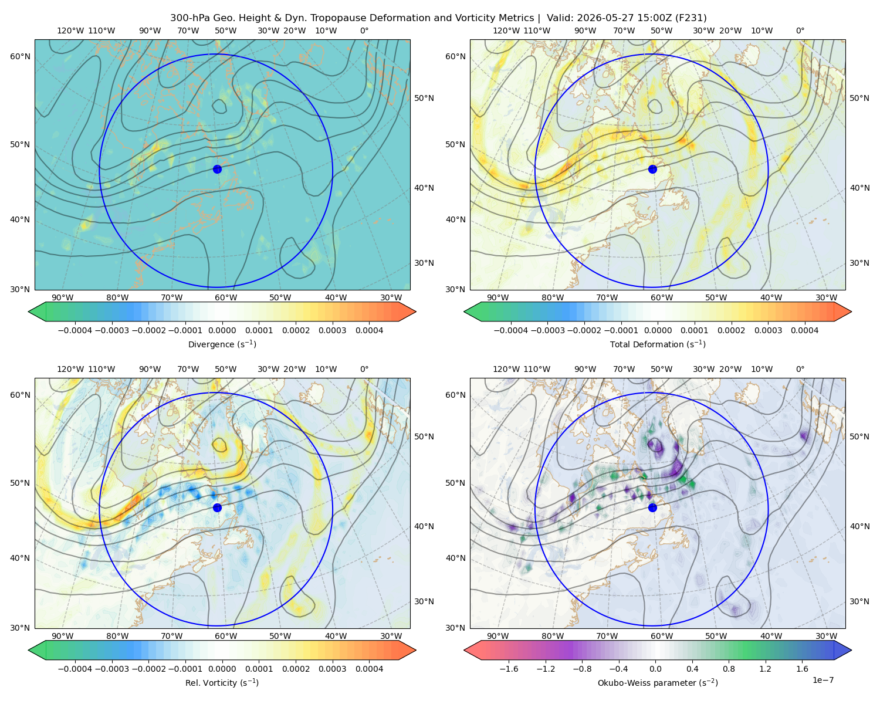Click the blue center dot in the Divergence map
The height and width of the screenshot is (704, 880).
click(217, 169)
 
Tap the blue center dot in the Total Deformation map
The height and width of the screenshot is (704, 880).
click(652, 169)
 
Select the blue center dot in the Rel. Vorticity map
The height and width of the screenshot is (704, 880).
click(217, 507)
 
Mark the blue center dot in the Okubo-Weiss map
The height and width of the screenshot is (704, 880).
click(652, 507)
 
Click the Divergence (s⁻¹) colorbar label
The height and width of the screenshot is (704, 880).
click(222, 344)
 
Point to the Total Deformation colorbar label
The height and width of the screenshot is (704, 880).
click(658, 344)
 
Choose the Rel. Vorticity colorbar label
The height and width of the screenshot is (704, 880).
click(222, 682)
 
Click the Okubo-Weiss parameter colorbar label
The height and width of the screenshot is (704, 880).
click(658, 682)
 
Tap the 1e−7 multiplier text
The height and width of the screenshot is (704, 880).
click(823, 680)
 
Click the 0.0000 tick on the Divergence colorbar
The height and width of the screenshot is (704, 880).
click(222, 330)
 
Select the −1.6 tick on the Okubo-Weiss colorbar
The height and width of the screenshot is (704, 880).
click(509, 668)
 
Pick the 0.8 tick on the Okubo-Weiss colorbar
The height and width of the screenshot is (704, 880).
click(729, 668)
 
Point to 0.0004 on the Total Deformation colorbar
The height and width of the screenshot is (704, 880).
click(804, 330)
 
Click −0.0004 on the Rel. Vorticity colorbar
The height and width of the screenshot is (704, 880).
click(75, 668)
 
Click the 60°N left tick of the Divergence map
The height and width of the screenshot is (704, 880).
click(20, 56)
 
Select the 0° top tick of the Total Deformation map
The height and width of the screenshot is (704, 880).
click(800, 31)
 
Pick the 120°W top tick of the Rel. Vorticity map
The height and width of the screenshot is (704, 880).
click(70, 369)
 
